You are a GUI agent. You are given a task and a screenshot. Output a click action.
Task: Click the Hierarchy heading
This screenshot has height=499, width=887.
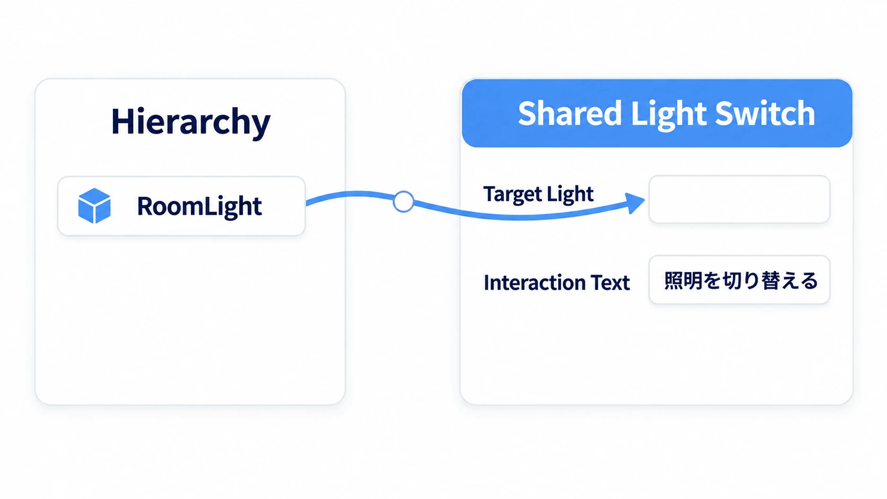point(191,122)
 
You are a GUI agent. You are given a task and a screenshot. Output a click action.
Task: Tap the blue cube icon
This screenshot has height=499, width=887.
point(94,206)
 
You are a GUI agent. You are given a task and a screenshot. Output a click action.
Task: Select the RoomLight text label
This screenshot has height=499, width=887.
point(199,206)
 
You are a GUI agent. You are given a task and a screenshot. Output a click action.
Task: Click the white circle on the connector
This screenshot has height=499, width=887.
point(404,202)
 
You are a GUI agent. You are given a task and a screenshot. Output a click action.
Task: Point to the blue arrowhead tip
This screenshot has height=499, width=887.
point(645,200)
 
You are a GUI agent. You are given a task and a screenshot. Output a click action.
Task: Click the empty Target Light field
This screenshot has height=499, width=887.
point(740,199)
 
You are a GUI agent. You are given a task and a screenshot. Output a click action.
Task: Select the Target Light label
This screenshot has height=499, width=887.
point(538,194)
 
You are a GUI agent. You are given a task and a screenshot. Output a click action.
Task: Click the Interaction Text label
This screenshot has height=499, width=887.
point(556,283)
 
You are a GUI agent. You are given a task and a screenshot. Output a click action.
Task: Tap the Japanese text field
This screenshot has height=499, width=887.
point(740,280)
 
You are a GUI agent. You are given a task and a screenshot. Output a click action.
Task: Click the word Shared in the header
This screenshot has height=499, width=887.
point(570,113)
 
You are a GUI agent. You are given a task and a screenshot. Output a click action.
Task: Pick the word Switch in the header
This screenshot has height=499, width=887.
point(764,113)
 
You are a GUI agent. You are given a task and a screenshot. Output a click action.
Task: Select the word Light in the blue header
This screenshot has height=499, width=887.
point(668,115)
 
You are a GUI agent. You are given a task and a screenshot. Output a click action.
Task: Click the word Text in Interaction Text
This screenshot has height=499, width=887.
point(610,283)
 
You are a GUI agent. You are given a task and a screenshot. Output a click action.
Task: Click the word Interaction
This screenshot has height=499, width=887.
point(535,283)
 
